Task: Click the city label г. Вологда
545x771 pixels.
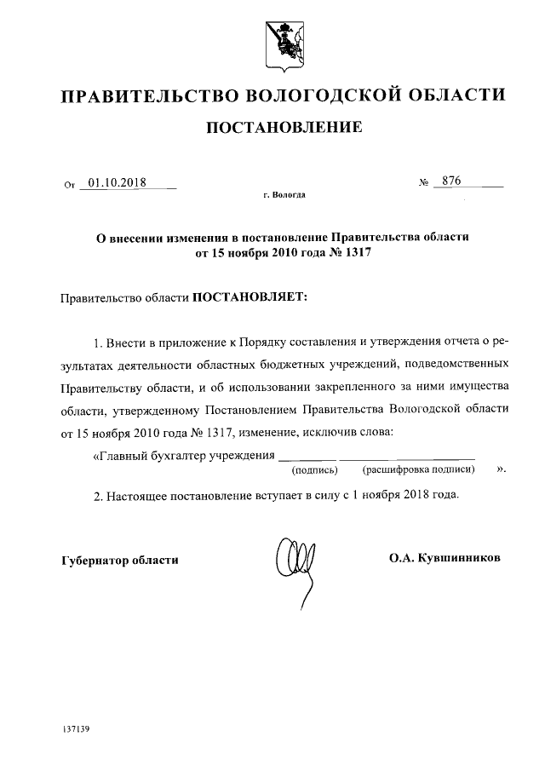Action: [x=284, y=196]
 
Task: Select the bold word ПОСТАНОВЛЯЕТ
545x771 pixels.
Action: [x=250, y=298]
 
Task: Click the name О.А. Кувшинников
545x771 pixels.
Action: [x=445, y=559]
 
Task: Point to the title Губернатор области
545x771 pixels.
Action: [x=120, y=560]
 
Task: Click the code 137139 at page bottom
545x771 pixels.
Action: [x=77, y=730]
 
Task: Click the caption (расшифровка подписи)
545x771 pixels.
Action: [x=418, y=469]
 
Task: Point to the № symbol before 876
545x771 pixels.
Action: [x=423, y=183]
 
